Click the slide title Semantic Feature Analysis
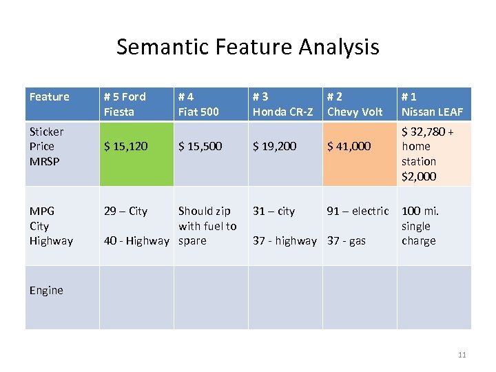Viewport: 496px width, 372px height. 247,47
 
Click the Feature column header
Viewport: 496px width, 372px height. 50,97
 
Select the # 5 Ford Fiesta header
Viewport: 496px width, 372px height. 125,104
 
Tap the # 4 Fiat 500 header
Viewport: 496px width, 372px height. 199,104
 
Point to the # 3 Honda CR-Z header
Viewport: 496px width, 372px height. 282,104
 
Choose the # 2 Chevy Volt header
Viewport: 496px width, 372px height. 355,104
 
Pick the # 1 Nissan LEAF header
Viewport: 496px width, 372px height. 433,104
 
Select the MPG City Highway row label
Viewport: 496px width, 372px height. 51,226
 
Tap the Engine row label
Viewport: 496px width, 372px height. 46,290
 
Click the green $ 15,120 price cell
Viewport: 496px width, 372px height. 125,146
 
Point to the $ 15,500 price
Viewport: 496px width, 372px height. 200,146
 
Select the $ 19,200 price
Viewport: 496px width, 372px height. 275,146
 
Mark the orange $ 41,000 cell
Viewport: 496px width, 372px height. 349,146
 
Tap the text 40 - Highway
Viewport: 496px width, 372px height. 136,240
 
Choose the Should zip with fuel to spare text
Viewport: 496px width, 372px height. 207,226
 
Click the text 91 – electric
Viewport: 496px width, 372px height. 358,211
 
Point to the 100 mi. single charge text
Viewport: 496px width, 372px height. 420,226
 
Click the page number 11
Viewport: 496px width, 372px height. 462,355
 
